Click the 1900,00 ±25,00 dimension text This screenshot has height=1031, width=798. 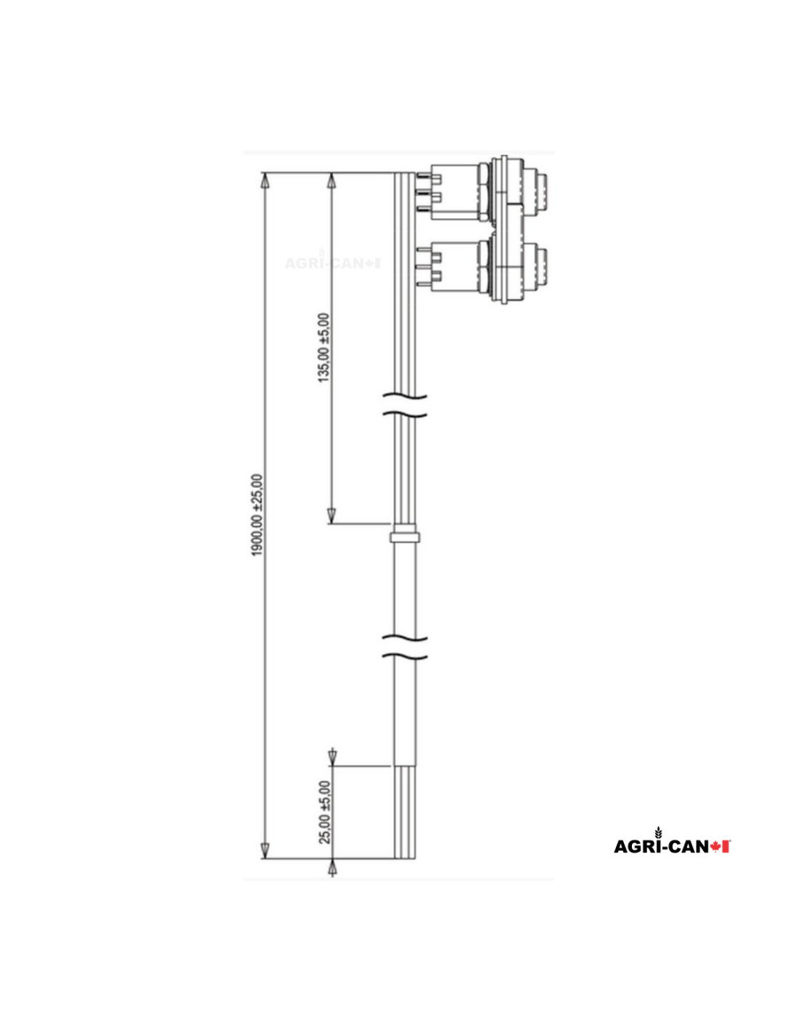point(258,515)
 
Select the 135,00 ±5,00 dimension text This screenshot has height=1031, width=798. point(324,347)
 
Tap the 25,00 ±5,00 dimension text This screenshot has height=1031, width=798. point(325,812)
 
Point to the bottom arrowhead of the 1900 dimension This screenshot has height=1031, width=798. point(265,851)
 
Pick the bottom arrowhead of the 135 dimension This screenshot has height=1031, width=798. point(332,515)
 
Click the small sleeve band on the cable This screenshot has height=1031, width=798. point(405,537)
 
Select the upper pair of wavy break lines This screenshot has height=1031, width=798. point(404,405)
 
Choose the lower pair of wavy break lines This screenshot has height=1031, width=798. point(404,647)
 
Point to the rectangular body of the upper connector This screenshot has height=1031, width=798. point(455,192)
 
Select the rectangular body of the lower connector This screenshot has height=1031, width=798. point(455,268)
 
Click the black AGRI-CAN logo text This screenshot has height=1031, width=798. point(661,847)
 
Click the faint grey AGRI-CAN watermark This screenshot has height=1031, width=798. point(332,262)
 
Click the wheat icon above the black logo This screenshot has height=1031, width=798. point(658,832)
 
